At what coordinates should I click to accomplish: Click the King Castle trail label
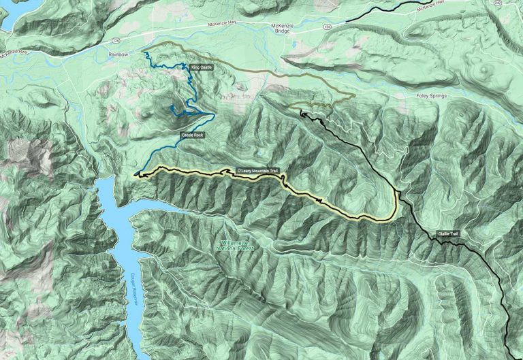202,67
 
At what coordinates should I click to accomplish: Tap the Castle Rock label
192,135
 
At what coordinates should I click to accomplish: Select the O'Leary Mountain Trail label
257,170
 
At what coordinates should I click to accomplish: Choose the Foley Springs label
431,96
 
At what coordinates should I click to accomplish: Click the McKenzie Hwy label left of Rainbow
15,51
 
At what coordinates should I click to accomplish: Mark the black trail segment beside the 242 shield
409,5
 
